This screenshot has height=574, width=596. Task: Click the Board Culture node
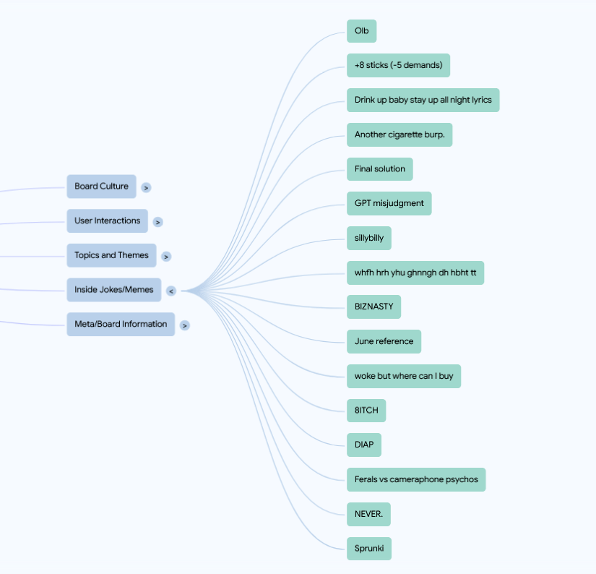[x=101, y=187]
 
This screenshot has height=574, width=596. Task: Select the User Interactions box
[x=107, y=220]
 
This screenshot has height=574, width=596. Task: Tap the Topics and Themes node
[x=111, y=255]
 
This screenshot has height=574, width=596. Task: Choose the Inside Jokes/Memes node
[x=114, y=290]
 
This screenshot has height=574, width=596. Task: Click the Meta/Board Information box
[x=121, y=324]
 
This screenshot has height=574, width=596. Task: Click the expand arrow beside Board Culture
[x=146, y=187]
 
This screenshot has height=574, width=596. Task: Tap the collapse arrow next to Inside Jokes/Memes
[x=171, y=291]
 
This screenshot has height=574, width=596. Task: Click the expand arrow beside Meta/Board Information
[x=185, y=325]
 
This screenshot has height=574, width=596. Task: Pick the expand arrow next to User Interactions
[x=157, y=222]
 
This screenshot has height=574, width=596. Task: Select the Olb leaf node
[x=361, y=31]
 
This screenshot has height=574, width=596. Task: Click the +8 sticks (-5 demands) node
[x=398, y=66]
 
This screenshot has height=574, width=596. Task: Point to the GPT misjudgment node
[x=389, y=204]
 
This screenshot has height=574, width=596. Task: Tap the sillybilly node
[x=369, y=238]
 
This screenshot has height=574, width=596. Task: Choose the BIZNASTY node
[x=373, y=307]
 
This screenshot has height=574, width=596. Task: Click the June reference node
[x=384, y=342]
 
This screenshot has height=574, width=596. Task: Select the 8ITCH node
[x=366, y=411]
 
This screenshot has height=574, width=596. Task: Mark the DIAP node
[x=364, y=445]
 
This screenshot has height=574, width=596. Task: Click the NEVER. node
[x=368, y=514]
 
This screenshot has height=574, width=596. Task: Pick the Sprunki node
[x=369, y=549]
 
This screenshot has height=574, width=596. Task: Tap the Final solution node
[x=380, y=169]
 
